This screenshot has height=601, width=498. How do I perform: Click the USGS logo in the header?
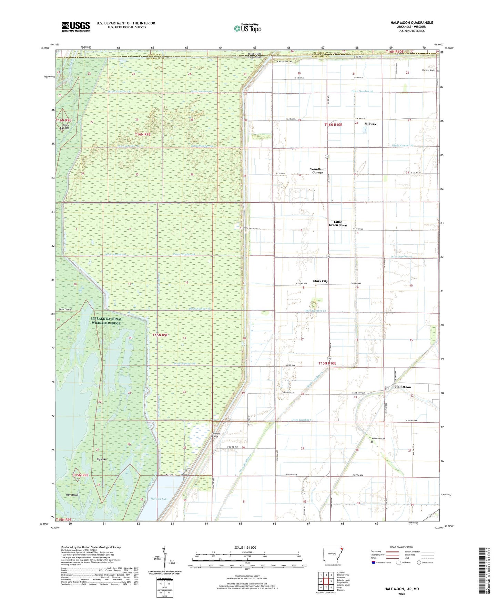click(76, 27)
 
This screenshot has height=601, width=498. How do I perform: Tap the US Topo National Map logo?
click(247, 28)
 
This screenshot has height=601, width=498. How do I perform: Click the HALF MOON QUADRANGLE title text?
click(411, 23)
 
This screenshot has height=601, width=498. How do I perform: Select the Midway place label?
click(370, 124)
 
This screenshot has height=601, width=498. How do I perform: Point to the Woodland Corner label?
click(317, 171)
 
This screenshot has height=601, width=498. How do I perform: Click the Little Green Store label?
click(338, 223)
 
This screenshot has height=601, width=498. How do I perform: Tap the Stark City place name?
click(320, 281)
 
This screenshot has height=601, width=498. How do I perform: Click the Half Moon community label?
click(403, 387)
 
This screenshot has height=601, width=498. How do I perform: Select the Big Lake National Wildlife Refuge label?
click(106, 321)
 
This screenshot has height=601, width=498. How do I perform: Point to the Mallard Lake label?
click(159, 499)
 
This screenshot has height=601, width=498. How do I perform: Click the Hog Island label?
click(72, 495)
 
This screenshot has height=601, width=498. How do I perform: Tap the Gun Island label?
click(65, 309)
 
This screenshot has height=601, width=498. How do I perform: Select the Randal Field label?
click(428, 70)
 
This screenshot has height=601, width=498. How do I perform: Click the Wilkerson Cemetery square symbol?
click(372, 441)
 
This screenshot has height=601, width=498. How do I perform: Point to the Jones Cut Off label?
click(65, 127)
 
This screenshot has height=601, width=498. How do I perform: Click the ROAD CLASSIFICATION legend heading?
click(402, 547)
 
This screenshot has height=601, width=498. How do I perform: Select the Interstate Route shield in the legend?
click(374, 563)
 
